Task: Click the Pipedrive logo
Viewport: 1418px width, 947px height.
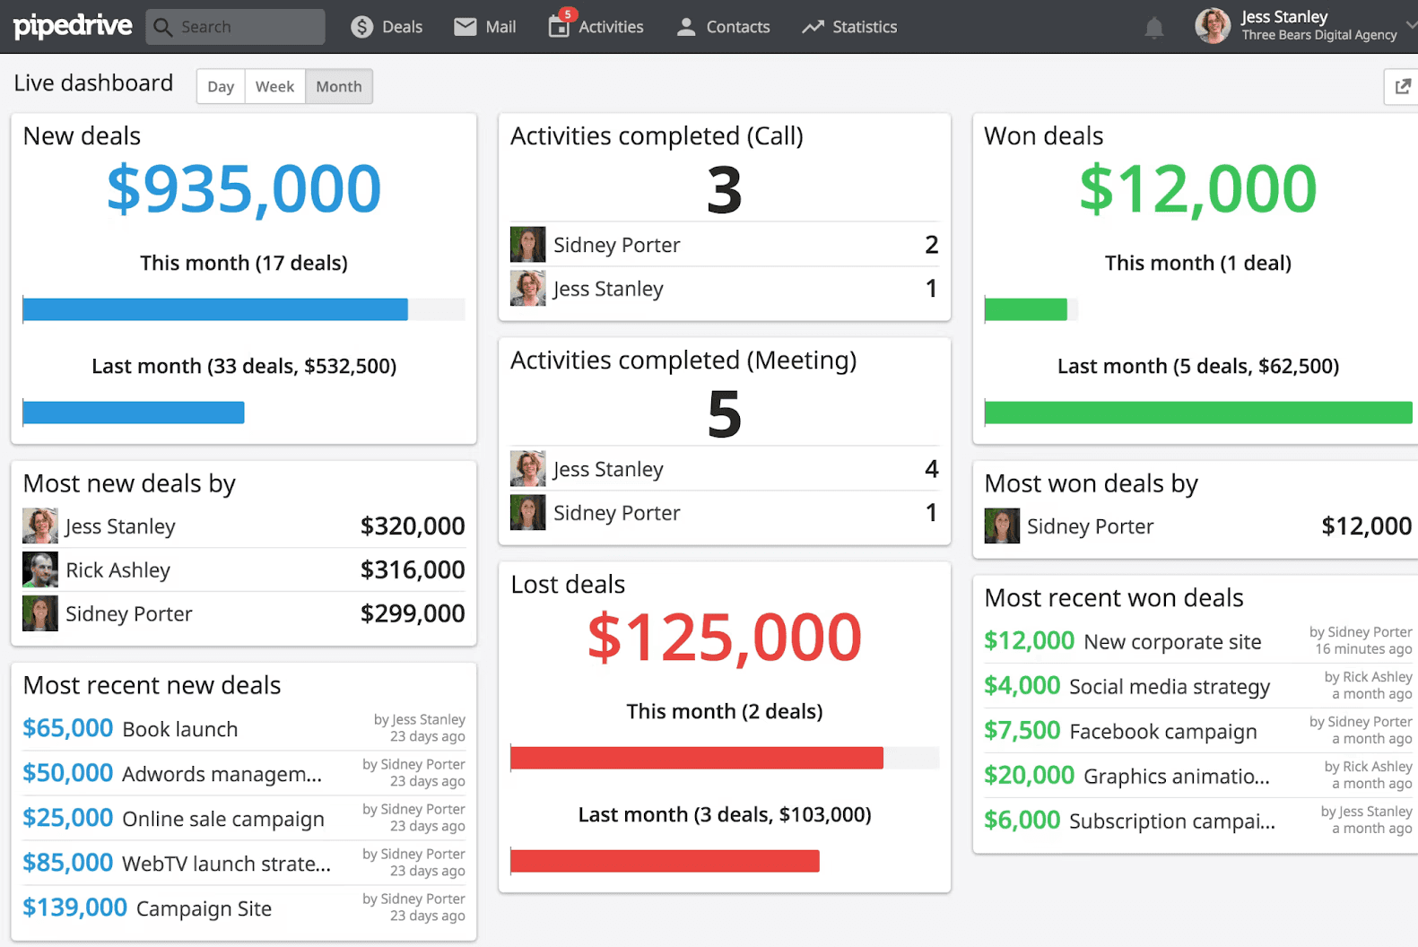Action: [73, 26]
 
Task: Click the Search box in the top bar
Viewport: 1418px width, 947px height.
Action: [236, 27]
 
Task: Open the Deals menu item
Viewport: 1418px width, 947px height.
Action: [387, 27]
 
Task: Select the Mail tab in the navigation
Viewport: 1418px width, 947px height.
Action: [485, 27]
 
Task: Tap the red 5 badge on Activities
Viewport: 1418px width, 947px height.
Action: [567, 14]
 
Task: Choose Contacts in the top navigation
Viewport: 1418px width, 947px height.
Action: [723, 27]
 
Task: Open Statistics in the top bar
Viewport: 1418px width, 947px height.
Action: [849, 27]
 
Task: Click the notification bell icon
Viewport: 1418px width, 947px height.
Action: [1154, 28]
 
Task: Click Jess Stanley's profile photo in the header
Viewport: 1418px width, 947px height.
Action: [1213, 26]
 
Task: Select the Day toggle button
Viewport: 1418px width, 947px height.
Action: [221, 87]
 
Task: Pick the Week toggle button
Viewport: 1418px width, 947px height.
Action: [274, 87]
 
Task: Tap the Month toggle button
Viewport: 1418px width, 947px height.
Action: [339, 87]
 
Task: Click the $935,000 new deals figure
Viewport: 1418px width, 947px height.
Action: [244, 189]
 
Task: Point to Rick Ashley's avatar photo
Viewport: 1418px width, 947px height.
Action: [40, 569]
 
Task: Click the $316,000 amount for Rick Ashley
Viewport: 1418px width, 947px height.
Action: [413, 569]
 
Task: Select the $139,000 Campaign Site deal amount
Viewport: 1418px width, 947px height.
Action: [74, 908]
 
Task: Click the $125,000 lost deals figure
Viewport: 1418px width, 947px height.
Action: [725, 638]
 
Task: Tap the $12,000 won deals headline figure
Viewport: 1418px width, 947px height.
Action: [1197, 189]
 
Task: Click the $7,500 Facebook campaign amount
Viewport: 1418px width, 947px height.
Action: [1022, 731]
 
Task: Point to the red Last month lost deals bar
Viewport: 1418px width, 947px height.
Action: [665, 861]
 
